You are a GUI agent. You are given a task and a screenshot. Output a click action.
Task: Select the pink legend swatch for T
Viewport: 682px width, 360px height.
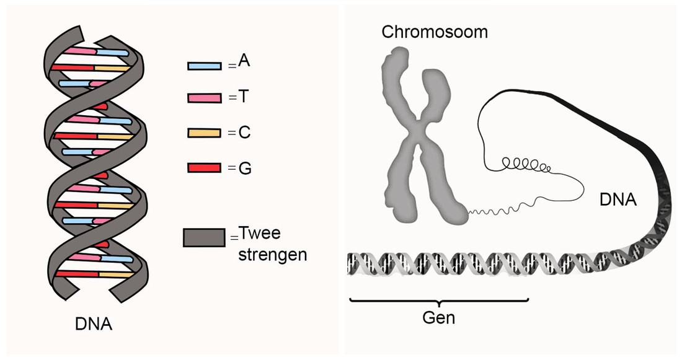(204, 99)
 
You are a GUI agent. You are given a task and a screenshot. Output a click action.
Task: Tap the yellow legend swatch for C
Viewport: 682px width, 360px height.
(204, 133)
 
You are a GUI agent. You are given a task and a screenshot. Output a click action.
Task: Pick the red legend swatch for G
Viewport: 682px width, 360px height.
(204, 168)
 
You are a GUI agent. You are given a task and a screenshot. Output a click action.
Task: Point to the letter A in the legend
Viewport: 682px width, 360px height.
(244, 63)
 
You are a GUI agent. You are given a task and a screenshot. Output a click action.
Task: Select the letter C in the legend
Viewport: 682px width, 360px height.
(244, 132)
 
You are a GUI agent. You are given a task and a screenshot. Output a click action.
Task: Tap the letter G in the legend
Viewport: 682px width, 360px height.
(244, 167)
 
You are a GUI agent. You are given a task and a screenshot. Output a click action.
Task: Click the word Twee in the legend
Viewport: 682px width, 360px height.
(260, 234)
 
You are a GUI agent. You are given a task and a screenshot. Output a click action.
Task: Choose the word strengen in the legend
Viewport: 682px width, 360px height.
(273, 253)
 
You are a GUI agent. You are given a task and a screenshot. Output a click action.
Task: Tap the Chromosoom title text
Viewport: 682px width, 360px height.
(434, 32)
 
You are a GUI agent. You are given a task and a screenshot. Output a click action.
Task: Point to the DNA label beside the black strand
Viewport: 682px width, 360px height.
(618, 200)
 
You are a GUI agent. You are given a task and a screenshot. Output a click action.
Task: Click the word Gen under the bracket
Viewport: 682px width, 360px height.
(438, 318)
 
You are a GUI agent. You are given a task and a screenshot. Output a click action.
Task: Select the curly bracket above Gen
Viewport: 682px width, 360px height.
(438, 302)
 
